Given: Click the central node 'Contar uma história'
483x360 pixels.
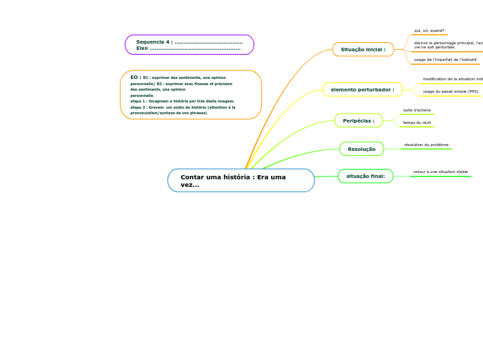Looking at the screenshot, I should [240, 180].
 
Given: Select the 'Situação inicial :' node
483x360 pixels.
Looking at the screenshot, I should [363, 50].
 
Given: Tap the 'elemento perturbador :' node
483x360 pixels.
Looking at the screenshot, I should [362, 89].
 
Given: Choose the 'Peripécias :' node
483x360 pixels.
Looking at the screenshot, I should [358, 120].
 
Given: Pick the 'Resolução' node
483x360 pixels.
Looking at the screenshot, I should [362, 149].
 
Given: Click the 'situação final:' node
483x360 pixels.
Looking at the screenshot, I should [365, 176].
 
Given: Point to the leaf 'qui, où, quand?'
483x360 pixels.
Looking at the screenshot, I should [429, 30].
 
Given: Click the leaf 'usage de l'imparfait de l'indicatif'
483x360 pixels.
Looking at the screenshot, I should [445, 60].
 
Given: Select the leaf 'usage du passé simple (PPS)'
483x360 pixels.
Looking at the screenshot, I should [450, 91].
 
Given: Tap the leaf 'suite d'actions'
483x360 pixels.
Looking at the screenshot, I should [417, 110].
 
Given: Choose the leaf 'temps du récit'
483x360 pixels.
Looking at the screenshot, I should [417, 123].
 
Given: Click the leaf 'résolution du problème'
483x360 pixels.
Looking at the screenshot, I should [426, 145].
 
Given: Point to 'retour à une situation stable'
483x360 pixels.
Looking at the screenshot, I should [441, 172].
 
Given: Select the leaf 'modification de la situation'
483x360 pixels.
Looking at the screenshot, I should [453, 79].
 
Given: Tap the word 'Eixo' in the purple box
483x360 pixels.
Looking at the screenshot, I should [142, 48].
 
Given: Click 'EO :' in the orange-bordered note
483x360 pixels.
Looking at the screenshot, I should [136, 78].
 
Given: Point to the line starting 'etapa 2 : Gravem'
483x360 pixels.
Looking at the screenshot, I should [183, 107].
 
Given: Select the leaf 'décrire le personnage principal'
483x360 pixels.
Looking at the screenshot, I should [448, 43].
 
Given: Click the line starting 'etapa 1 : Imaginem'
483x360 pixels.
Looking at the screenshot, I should [182, 101].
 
